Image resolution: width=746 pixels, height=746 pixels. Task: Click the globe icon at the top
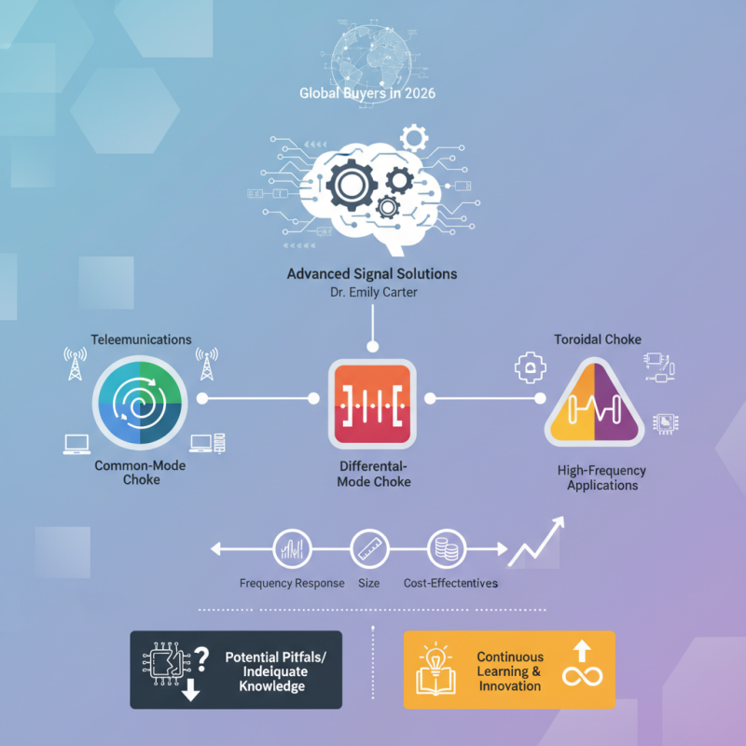371,60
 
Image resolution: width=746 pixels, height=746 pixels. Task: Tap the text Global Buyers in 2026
367,92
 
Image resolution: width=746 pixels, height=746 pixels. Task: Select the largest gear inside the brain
352,185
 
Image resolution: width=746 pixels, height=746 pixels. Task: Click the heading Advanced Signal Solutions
372,274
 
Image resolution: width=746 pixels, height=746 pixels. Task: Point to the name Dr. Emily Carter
374,292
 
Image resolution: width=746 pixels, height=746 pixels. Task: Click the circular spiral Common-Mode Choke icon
140,403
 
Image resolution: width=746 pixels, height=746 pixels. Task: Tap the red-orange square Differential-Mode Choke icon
372,404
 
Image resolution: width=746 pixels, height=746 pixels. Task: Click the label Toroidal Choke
598,339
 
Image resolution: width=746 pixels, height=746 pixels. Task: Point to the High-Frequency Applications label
601,477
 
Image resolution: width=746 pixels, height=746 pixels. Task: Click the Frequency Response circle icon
292,549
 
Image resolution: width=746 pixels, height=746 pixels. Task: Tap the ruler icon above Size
369,549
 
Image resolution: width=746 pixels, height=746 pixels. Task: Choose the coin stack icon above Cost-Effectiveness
447,549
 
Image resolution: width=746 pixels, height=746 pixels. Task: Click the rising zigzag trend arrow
536,542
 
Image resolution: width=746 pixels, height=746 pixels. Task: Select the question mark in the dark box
201,659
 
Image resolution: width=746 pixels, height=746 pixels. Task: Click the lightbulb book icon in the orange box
435,670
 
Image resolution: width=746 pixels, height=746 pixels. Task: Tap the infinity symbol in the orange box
582,675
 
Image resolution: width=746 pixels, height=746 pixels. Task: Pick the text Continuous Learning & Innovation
510,671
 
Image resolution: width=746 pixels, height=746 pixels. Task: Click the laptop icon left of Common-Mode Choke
76,445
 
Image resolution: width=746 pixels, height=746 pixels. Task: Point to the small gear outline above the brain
414,138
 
